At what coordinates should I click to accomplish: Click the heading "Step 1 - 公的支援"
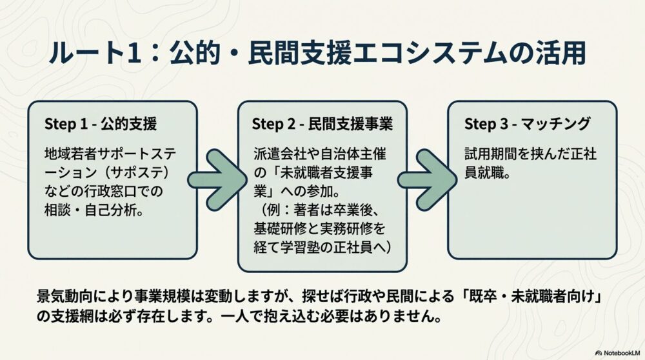(101, 123)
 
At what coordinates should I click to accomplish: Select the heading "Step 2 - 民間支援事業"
(322, 123)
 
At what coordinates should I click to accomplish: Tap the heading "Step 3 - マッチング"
(528, 123)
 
